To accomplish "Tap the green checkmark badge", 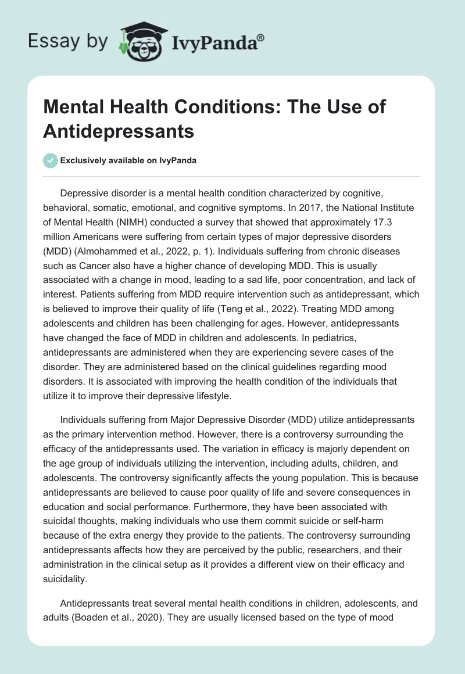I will click(x=50, y=160).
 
